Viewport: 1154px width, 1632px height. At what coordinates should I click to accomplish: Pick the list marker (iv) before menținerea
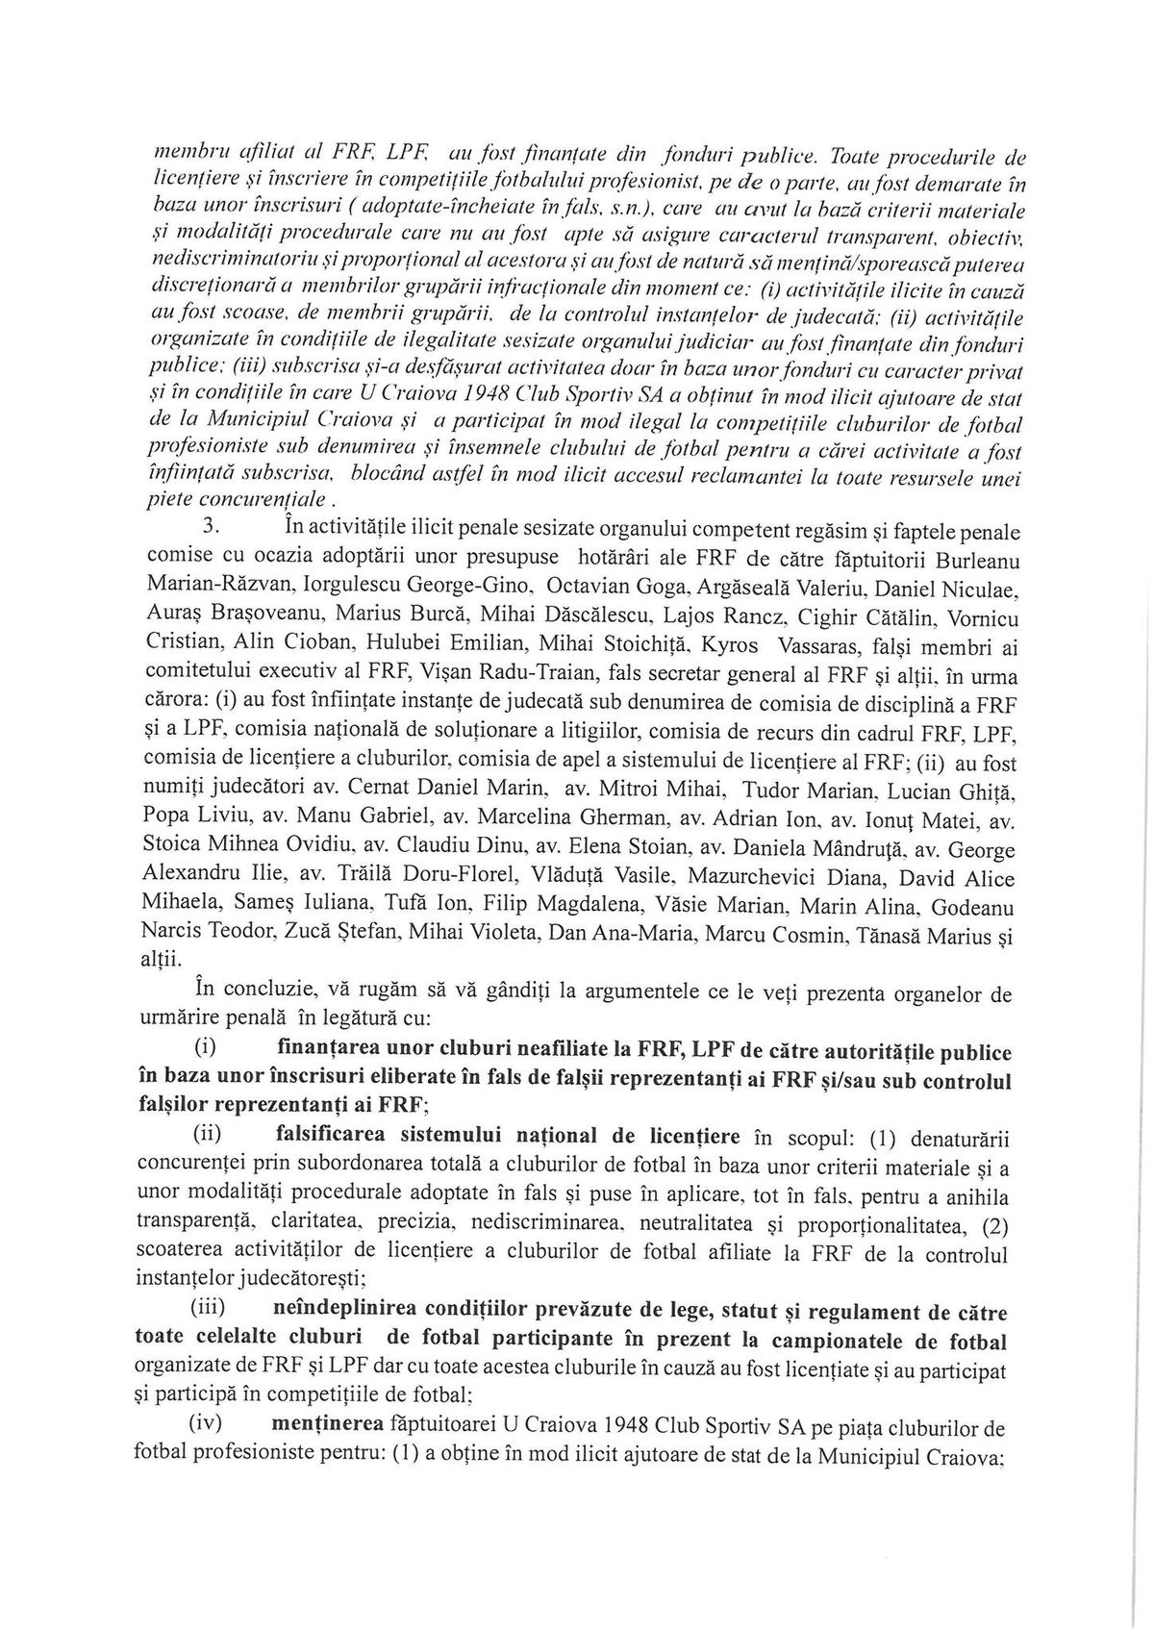click(x=209, y=1429)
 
